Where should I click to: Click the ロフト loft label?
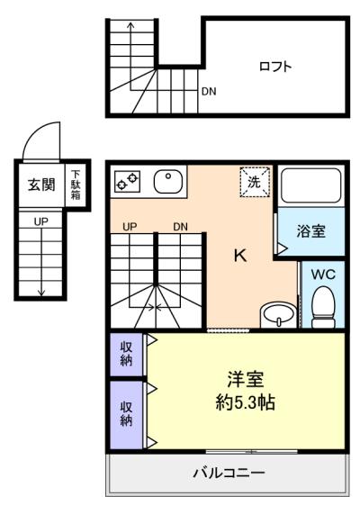[275, 66]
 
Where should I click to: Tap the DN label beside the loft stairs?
[209, 91]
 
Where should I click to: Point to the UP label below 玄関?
[41, 221]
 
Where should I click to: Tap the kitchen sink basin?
[168, 182]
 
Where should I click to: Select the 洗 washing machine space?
[254, 181]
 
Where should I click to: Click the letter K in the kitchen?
[239, 255]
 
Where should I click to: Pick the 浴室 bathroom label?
[311, 230]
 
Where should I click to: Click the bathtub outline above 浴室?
[310, 185]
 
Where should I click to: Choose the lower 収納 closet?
[126, 413]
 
